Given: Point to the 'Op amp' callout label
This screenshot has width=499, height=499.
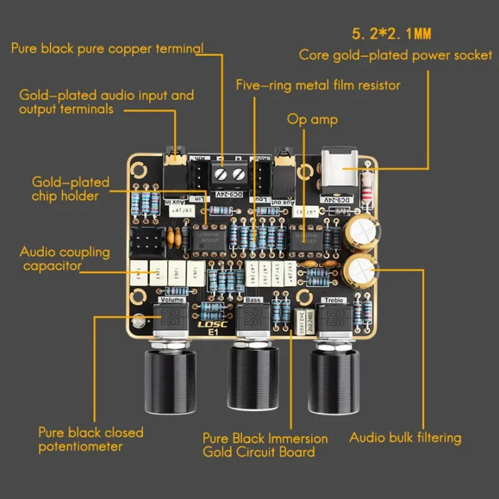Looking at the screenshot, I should point(313,119).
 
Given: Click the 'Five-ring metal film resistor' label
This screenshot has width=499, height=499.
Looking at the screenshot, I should point(318,85).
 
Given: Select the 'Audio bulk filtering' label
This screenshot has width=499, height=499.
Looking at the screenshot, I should point(405,437).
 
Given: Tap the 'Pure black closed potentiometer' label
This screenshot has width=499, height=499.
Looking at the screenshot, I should point(91,439).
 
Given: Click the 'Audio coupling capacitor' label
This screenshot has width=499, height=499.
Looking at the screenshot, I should point(64,259).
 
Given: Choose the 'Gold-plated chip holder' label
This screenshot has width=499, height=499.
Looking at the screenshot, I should point(70,189).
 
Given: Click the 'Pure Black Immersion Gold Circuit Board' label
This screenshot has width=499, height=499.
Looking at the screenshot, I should point(265,445).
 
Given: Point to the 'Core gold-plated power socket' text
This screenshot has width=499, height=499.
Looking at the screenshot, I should point(396,55).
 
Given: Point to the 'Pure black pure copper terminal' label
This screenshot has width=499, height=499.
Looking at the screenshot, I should point(107,49).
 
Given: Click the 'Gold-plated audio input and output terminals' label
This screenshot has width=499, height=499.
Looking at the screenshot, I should point(106,102).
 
